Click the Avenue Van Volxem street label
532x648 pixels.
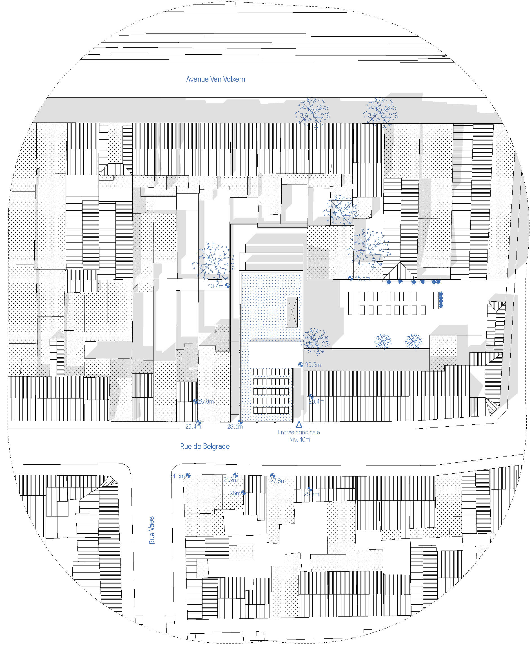[x=215, y=79]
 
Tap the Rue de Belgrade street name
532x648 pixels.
[x=205, y=446]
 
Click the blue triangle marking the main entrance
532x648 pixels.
[x=299, y=425]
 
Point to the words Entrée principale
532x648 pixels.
[x=299, y=432]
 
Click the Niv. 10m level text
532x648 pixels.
[x=299, y=440]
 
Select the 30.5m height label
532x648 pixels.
[x=313, y=365]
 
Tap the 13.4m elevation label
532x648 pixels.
[x=216, y=286]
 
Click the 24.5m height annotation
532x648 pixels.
[x=177, y=476]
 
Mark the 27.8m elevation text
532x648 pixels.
[x=278, y=481]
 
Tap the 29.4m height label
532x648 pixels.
[x=316, y=402]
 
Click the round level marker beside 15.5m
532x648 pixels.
[x=351, y=278]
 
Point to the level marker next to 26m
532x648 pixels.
[x=243, y=493]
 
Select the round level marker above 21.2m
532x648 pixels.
[x=235, y=475]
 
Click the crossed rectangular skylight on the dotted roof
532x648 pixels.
[x=292, y=312]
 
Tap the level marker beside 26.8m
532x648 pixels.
[x=195, y=401]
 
